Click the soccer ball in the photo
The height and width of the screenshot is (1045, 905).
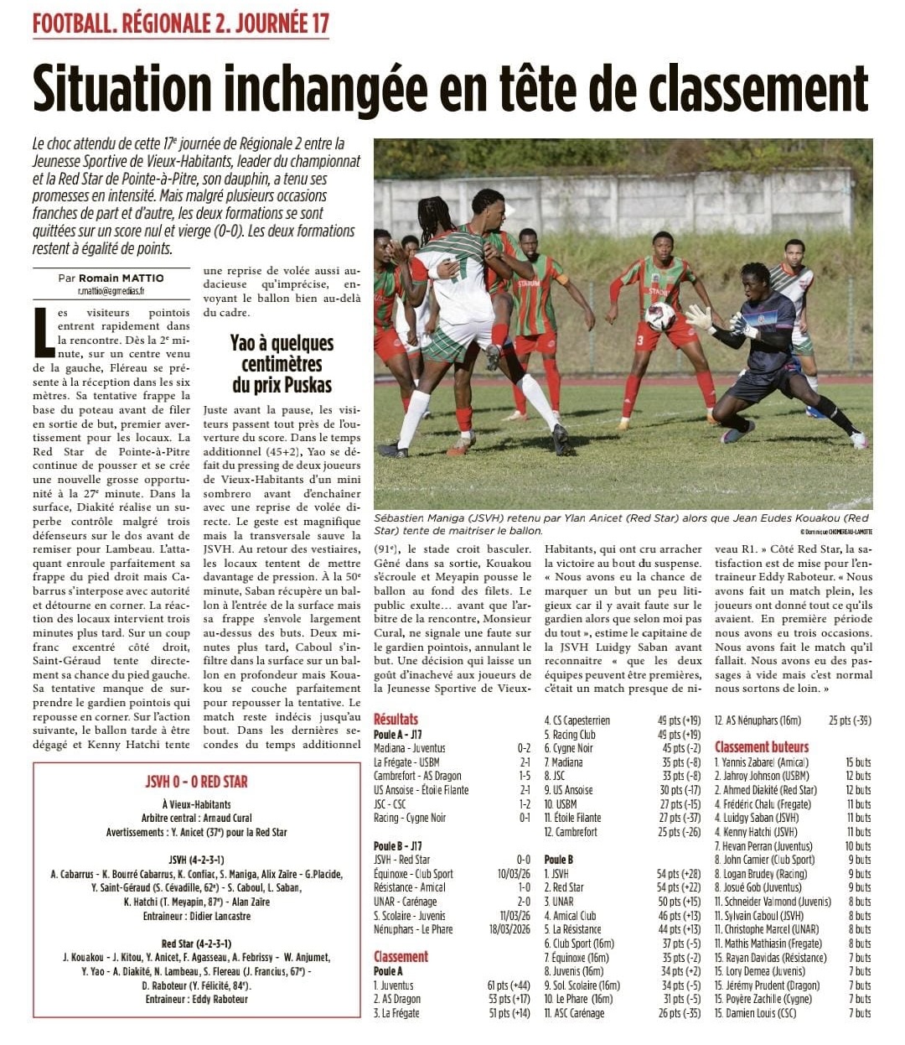click(x=660, y=316)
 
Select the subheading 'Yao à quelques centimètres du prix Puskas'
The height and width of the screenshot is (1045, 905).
click(x=282, y=364)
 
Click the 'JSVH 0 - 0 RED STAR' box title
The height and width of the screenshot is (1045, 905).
click(x=197, y=782)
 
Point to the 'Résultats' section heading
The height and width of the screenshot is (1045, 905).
click(x=396, y=719)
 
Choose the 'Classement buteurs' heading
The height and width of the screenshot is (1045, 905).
click(x=762, y=746)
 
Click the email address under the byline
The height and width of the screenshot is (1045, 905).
click(x=111, y=291)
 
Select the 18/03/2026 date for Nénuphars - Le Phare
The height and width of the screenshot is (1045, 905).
click(x=513, y=929)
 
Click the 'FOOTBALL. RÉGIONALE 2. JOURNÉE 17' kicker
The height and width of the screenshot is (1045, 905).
click(x=181, y=23)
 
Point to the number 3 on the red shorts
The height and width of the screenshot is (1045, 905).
click(x=639, y=341)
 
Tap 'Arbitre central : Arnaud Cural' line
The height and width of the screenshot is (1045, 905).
click(x=197, y=819)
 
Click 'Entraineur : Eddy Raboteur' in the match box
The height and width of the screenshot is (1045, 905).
click(x=197, y=999)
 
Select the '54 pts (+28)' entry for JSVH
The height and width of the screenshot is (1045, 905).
click(x=679, y=874)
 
